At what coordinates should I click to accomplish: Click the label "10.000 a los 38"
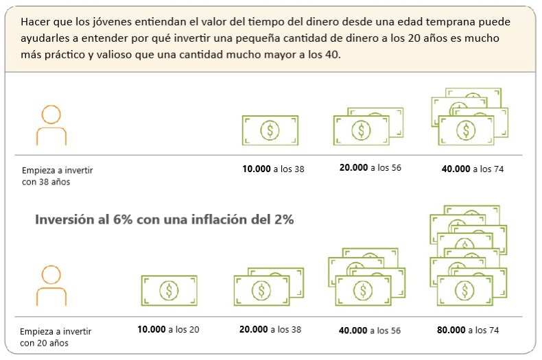[273, 168]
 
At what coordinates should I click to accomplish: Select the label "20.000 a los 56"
[370, 167]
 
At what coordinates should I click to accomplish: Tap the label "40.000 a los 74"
[473, 168]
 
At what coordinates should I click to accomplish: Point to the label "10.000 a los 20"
[168, 329]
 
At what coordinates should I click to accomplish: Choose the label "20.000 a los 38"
[270, 329]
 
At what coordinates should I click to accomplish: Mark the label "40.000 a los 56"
[370, 330]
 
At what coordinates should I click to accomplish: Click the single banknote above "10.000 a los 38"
[270, 130]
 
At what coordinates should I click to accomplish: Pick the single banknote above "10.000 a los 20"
[169, 290]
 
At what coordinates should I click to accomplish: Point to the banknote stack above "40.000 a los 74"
[469, 117]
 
